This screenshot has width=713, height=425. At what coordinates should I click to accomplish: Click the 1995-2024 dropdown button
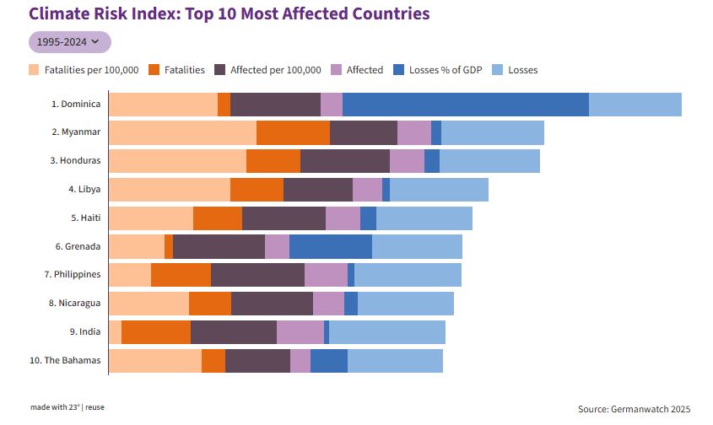[69, 41]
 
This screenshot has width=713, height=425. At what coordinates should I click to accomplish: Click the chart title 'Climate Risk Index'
[229, 14]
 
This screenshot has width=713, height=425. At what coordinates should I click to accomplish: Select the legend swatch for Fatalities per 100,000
[34, 70]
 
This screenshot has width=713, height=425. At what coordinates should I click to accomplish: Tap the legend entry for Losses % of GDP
[443, 70]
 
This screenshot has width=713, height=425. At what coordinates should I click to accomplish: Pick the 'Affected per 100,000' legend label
[275, 70]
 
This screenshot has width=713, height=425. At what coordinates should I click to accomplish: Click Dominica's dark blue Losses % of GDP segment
[465, 105]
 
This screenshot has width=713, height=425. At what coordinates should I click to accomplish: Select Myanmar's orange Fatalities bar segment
[293, 133]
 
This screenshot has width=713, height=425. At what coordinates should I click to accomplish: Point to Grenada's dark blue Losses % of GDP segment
[330, 247]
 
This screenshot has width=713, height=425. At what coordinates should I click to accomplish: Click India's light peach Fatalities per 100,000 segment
[116, 332]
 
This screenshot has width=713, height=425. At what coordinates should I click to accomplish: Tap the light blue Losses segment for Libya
[439, 190]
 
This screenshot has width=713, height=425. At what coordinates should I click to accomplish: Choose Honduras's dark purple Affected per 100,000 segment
[344, 161]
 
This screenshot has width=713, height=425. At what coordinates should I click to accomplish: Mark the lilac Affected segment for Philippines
[326, 275]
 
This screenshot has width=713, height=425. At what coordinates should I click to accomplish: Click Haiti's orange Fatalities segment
[217, 218]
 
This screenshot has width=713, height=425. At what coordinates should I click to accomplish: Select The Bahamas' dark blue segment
[328, 361]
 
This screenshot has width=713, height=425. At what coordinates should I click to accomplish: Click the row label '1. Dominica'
[76, 105]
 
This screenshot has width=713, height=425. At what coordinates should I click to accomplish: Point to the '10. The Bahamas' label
[65, 361]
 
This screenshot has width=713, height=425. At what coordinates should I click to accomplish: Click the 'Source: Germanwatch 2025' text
[634, 409]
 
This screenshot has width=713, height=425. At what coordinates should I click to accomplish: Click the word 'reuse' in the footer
[95, 407]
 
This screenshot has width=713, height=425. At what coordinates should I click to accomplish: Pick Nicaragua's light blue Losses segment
[406, 304]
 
